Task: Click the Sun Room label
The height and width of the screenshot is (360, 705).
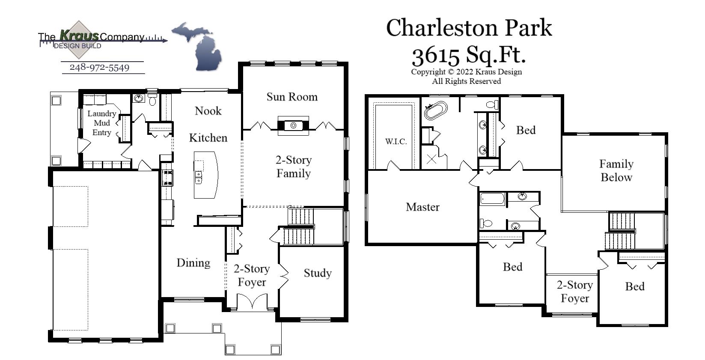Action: pyautogui.click(x=292, y=97)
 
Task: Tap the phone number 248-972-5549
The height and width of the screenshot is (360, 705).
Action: pyautogui.click(x=99, y=68)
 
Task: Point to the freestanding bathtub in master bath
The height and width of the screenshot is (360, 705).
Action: pyautogui.click(x=435, y=110)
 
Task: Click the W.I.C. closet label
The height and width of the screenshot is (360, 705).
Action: pyautogui.click(x=396, y=141)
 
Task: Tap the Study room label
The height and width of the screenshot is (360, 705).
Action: pyautogui.click(x=318, y=273)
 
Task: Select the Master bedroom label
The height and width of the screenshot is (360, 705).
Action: pyautogui.click(x=422, y=207)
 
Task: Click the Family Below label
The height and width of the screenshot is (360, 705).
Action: pyautogui.click(x=616, y=170)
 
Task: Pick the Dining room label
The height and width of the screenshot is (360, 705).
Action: pyautogui.click(x=193, y=263)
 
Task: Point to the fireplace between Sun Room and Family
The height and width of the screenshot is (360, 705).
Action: pyautogui.click(x=293, y=125)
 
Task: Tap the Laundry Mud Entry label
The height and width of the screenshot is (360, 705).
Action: pyautogui.click(x=101, y=123)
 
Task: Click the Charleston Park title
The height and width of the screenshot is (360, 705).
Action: pyautogui.click(x=469, y=28)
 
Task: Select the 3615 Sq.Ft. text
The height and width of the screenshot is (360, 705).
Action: pyautogui.click(x=469, y=55)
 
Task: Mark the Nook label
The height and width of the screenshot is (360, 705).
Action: pyautogui.click(x=208, y=111)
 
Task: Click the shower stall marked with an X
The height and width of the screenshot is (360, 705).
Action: pyautogui.click(x=431, y=160)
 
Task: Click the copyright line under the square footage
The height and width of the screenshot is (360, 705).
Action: pyautogui.click(x=466, y=72)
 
